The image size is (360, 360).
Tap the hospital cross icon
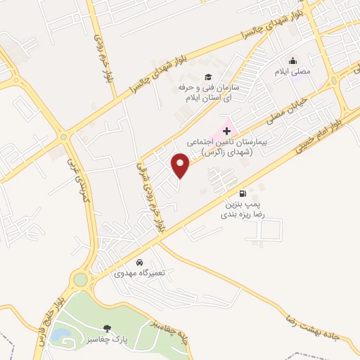pos(226,131)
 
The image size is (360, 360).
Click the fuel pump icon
pos(243,193)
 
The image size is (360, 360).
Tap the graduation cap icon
pos(207,77)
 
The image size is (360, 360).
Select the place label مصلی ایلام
pos(293,72)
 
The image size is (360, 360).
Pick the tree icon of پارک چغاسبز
pos(106,328)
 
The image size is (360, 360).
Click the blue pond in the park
pos(60,334)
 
